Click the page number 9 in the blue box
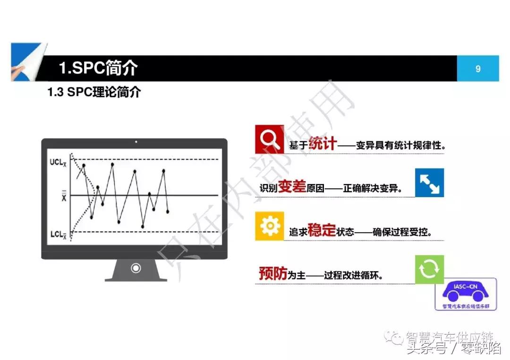click(478, 69)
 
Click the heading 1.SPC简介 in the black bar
click(98, 68)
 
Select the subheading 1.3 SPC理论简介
click(94, 92)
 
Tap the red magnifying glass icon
click(269, 139)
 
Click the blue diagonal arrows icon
click(429, 183)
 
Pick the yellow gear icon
click(270, 226)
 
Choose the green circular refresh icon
click(429, 269)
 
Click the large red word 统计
click(323, 143)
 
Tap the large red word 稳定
click(322, 230)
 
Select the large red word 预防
click(273, 273)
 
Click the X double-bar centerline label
click(63, 196)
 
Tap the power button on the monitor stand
click(136, 268)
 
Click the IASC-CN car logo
click(465, 293)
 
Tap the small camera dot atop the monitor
click(136, 142)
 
